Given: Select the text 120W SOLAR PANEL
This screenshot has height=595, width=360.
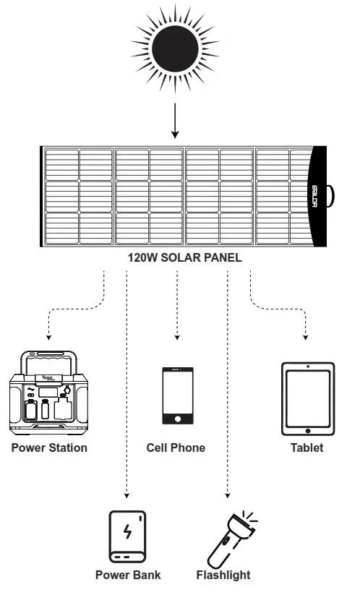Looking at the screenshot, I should [x=184, y=257].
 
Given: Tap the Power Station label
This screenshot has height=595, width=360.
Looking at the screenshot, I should [x=49, y=448].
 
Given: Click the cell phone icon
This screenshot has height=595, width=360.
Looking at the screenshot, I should [x=177, y=396].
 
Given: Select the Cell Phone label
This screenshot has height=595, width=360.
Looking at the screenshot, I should [x=176, y=448].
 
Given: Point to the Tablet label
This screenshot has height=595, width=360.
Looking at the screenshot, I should [x=307, y=448].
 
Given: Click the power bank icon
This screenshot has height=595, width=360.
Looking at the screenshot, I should [x=128, y=536].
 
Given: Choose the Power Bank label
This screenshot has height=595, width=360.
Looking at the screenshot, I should [x=128, y=575].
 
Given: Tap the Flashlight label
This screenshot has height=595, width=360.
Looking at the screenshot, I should [x=223, y=575].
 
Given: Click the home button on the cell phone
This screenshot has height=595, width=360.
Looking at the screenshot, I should [x=177, y=418].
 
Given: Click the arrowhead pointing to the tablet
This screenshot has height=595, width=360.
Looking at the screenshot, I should [x=307, y=338].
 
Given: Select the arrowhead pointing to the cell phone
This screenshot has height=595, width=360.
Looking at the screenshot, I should [x=177, y=338].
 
